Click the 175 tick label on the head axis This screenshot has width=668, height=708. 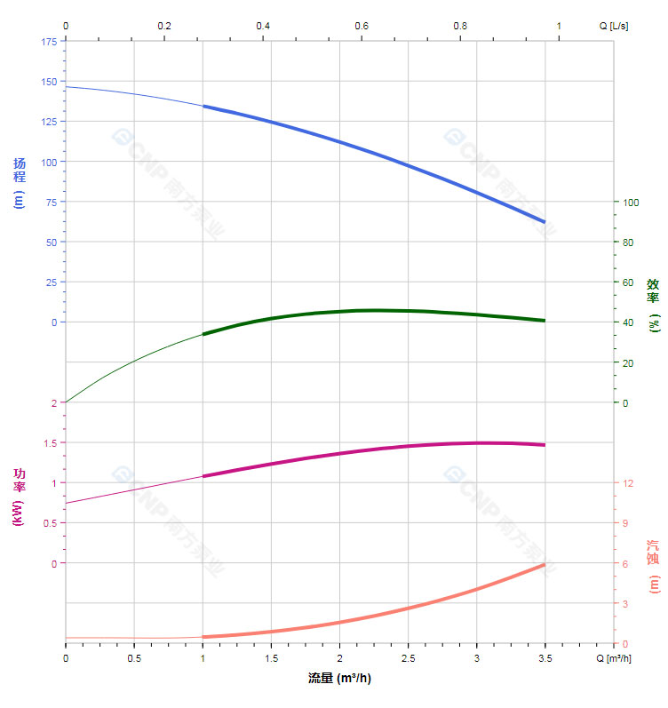48,41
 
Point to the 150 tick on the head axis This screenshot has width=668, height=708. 48,82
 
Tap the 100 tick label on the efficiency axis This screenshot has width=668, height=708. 631,202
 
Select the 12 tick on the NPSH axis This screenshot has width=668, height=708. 627,483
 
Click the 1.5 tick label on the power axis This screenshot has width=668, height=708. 50,442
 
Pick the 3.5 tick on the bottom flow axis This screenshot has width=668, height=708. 545,658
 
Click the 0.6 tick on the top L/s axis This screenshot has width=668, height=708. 362,26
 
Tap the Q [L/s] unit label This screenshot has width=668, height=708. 613,26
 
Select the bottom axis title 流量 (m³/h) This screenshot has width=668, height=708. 339,679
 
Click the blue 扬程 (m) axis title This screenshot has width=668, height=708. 19,182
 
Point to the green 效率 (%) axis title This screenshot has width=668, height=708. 653,304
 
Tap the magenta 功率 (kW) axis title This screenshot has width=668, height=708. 19,497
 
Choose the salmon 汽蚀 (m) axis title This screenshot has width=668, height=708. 653,566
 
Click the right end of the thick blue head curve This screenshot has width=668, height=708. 545,222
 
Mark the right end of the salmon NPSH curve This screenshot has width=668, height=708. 545,565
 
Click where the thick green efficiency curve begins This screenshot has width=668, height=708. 203,334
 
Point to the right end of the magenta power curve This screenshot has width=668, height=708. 545,444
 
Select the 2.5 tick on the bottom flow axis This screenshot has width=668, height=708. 408,658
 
